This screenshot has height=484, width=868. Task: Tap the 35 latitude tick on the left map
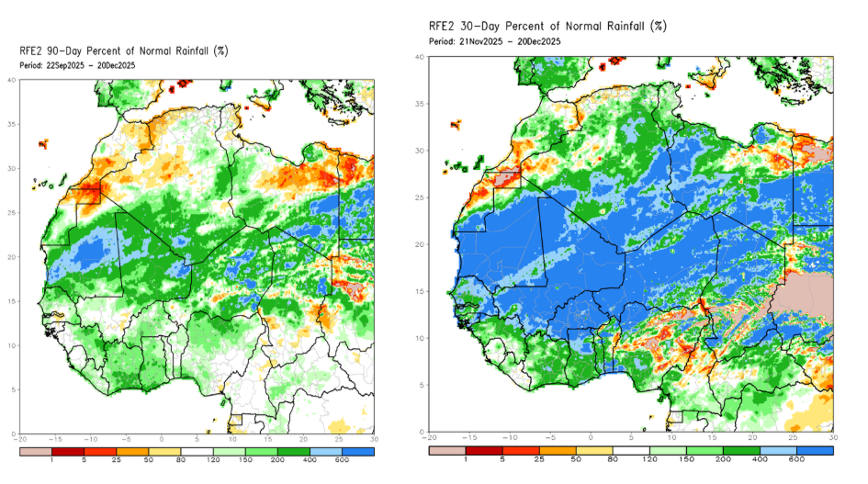pos(12,124)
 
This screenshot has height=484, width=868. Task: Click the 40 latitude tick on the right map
pos(419,57)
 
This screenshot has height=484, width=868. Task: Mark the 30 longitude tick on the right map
pos(832,439)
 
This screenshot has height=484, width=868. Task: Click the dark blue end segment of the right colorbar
pos(817,452)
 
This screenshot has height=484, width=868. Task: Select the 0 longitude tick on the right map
pos(591,439)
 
